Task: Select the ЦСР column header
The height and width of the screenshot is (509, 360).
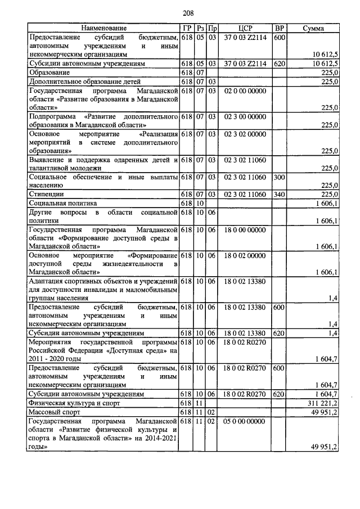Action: pos(245,28)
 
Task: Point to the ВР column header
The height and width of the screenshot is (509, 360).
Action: pos(279,28)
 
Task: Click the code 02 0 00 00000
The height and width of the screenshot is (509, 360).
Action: pos(245,90)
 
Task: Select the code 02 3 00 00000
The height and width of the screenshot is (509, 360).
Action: pos(245,116)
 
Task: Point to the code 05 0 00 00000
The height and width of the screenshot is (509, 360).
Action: pos(245,421)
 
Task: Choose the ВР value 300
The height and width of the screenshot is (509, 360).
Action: pos(278,177)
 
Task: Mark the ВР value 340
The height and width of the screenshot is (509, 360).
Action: pos(278,194)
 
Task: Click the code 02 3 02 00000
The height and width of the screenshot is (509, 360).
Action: pos(245,134)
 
